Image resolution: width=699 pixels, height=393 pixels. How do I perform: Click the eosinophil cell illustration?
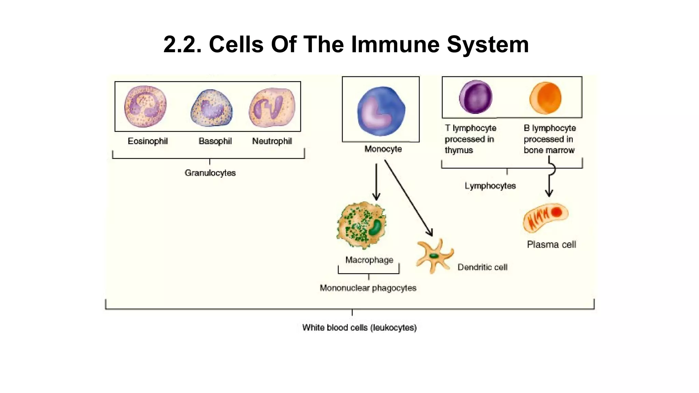point(145,106)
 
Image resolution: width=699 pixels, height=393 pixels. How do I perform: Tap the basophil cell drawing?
point(212,108)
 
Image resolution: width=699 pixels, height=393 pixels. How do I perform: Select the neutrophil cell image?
point(272,107)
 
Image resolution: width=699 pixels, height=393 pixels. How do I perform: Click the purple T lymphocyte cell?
point(476,97)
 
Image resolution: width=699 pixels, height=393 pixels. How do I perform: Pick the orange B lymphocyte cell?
point(545,98)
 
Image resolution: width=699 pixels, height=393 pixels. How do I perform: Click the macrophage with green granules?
point(361,225)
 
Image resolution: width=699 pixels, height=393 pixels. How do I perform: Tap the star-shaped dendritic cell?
point(434,256)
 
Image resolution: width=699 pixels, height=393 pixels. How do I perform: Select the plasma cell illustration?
point(545,217)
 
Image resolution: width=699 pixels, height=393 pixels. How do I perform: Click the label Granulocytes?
point(210,173)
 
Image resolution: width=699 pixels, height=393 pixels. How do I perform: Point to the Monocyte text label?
point(383,149)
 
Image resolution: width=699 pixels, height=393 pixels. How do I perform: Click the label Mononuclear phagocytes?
point(368,288)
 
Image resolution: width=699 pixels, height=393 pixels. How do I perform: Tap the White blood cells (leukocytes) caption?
point(359,327)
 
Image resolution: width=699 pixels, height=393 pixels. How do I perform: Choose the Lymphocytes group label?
point(490,186)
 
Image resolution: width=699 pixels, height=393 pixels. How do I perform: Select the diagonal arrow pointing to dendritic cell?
point(408,198)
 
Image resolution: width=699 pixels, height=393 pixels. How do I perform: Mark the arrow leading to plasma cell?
point(549,184)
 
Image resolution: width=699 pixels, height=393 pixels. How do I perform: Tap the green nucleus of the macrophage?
point(375,228)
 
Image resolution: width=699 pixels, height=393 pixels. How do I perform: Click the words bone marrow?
point(549,150)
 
